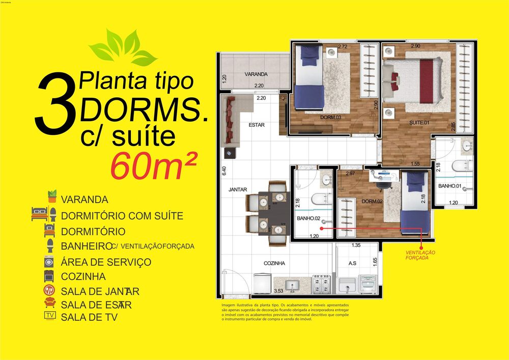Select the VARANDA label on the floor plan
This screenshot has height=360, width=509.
click(256, 74)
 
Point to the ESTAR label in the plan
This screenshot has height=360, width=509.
click(257, 125)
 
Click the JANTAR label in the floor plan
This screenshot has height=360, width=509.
click(238, 189)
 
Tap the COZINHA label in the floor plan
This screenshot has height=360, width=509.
click(274, 263)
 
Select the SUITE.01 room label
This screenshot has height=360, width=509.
click(420, 123)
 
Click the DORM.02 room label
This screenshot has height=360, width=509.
click(372, 202)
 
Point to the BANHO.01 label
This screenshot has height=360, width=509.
click(450, 186)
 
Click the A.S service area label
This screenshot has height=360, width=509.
click(352, 263)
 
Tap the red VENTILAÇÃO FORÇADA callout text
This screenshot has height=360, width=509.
click(420, 255)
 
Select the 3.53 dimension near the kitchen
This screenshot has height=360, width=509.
click(278, 291)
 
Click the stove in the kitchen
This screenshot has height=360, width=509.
click(321, 283)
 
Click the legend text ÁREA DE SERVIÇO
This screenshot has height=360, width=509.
click(106, 262)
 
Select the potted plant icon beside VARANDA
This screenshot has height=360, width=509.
click(51, 197)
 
